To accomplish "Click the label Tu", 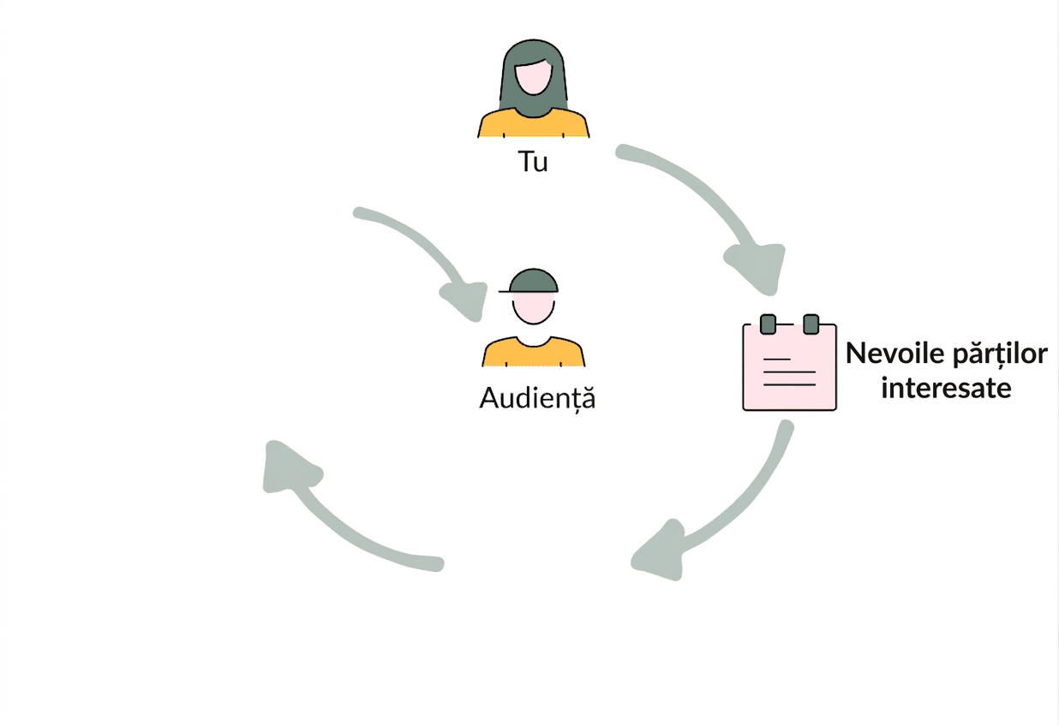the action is click(533, 162).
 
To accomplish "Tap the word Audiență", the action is click(537, 398).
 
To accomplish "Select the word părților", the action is click(999, 354).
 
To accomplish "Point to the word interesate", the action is click(946, 389).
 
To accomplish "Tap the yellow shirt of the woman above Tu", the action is click(533, 124).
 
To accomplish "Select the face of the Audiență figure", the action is click(533, 307).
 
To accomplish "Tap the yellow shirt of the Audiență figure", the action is click(533, 353).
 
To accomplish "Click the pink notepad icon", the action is click(789, 364).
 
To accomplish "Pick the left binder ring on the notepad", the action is click(768, 324).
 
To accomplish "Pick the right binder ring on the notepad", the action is click(811, 324).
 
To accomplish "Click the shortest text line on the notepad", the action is click(777, 360).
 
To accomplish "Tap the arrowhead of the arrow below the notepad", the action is click(660, 551).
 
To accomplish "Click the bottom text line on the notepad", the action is click(789, 385).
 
